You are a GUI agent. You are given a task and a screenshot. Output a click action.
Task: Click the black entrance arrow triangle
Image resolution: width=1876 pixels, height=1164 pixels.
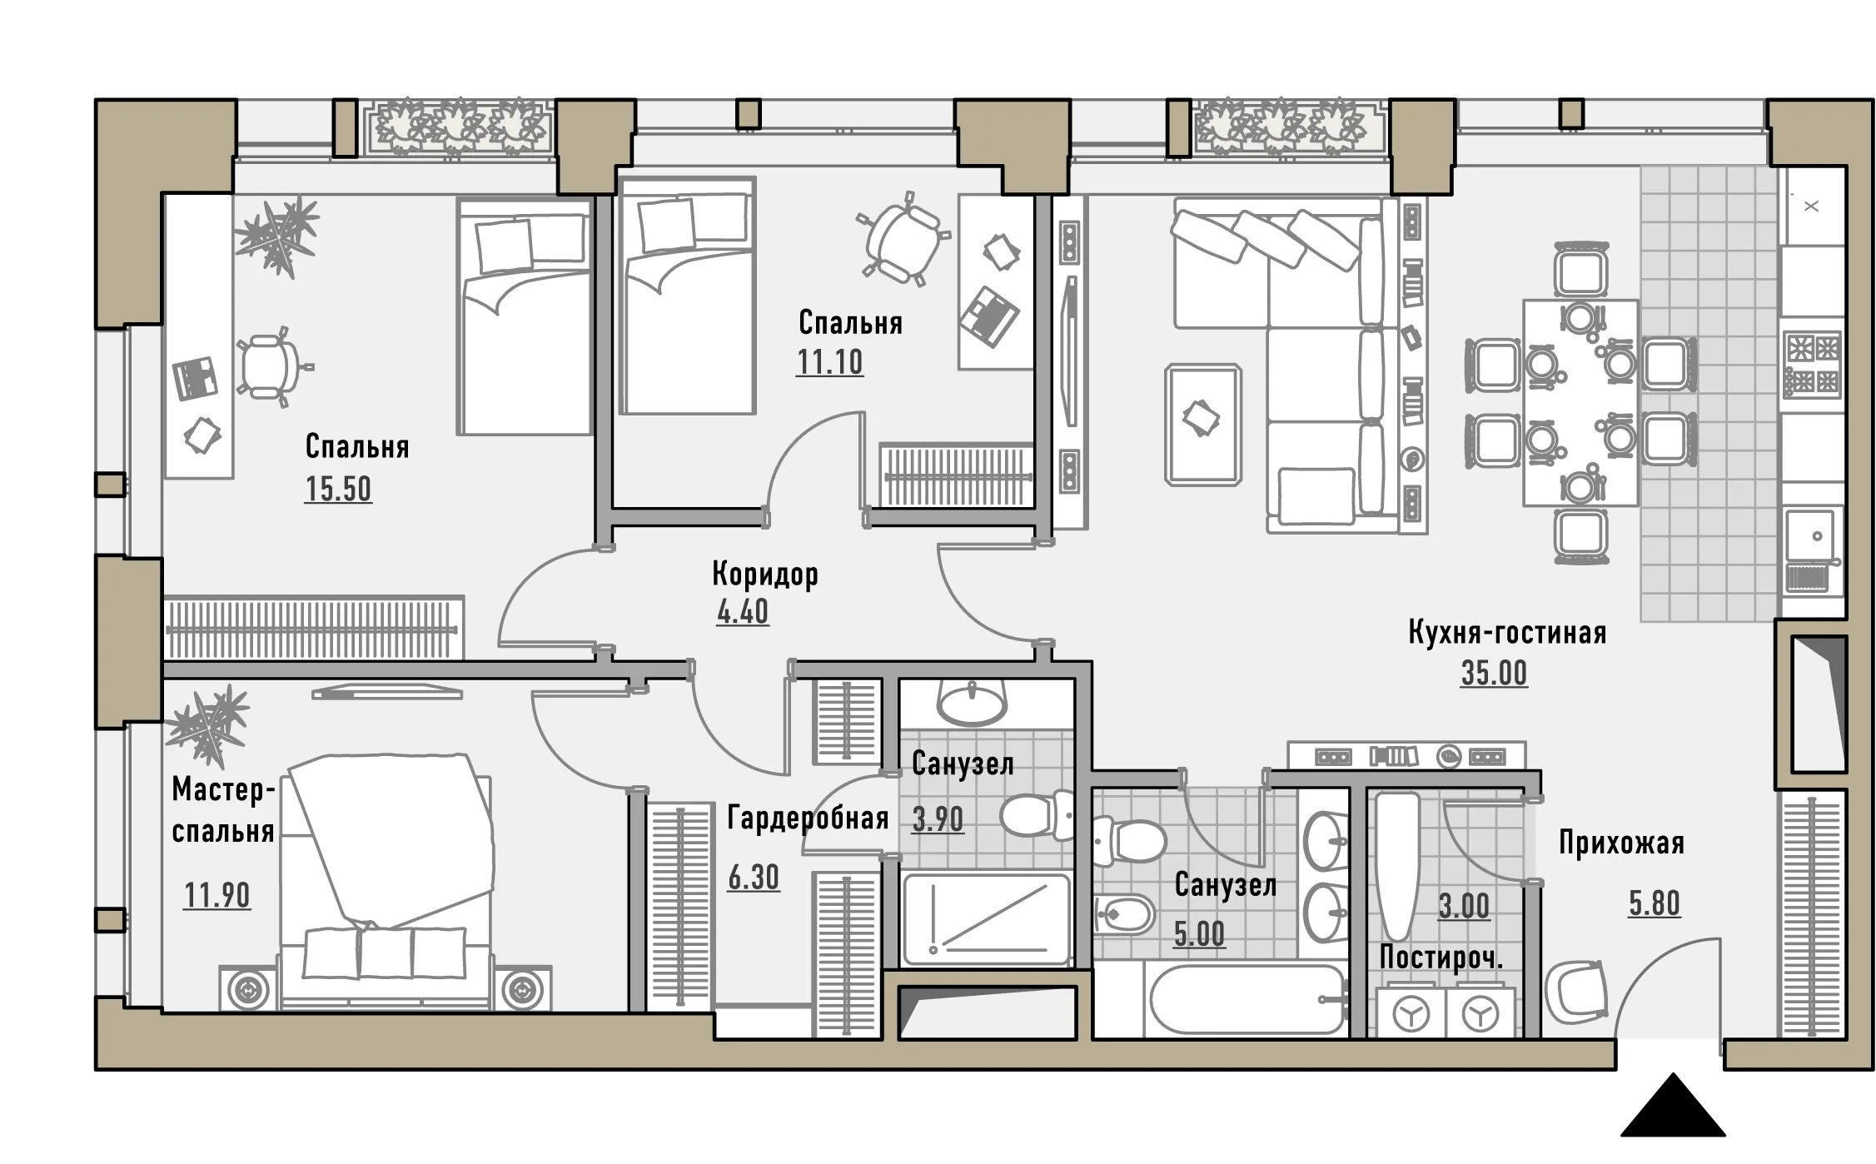[x=1673, y=1106]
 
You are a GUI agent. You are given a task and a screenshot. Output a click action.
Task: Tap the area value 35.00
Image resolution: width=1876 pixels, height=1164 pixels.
[x=1494, y=673]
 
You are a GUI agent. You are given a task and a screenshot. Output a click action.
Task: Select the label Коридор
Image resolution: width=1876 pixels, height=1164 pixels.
[x=765, y=574]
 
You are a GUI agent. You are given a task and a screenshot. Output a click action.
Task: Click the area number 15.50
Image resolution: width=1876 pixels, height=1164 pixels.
[x=338, y=489]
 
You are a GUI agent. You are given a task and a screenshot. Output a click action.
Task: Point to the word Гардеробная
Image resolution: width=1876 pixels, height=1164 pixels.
[x=808, y=818]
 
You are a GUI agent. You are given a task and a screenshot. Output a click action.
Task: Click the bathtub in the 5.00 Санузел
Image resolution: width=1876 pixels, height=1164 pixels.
[x=1247, y=1000]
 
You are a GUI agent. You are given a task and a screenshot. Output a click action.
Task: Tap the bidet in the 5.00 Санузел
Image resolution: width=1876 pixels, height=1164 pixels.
[x=1123, y=915]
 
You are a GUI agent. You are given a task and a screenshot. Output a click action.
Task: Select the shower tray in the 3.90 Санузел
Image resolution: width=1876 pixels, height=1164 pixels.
[x=986, y=919]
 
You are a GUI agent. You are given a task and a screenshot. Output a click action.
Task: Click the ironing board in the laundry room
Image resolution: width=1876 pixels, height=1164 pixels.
[x=1396, y=866]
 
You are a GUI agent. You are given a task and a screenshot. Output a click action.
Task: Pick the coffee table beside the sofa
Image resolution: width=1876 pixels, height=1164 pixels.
[x=1203, y=424]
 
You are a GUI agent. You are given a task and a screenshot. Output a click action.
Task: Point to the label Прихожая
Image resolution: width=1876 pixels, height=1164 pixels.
[x=1621, y=843]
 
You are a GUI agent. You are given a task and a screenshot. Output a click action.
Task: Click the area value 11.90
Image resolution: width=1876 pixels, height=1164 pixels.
[x=216, y=896]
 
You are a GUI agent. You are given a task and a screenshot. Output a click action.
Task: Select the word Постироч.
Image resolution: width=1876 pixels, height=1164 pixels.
[x=1441, y=958]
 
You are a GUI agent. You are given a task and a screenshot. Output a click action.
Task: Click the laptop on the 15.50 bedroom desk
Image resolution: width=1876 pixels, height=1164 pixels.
[x=196, y=377]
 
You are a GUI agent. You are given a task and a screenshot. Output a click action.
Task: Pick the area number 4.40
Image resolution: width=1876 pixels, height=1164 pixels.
[x=743, y=612]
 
